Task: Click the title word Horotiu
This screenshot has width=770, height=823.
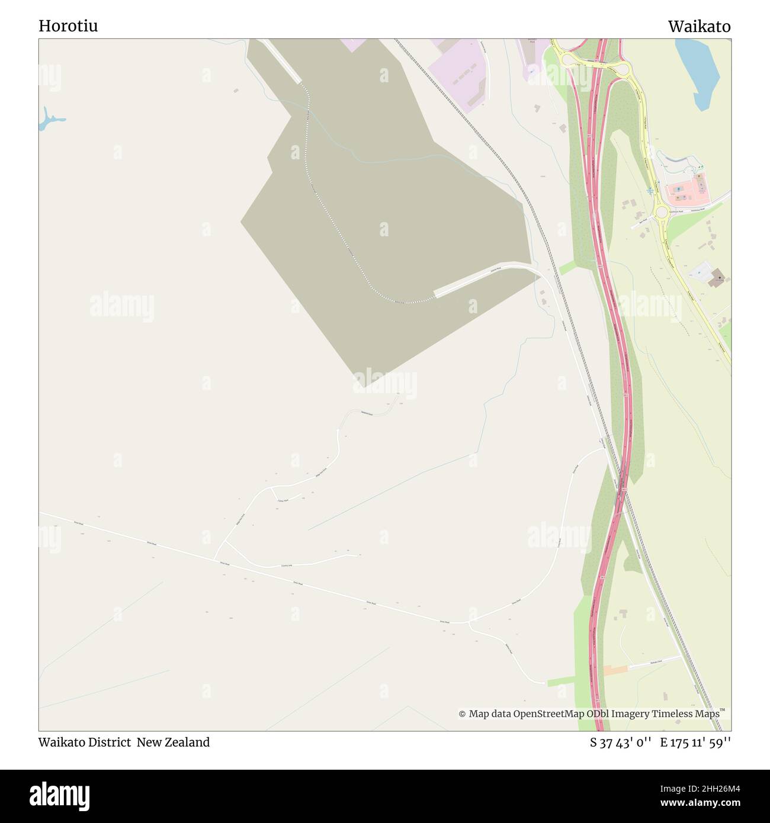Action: [68, 26]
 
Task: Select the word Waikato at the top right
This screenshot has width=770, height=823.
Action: [699, 26]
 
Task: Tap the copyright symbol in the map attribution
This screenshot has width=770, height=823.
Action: [462, 714]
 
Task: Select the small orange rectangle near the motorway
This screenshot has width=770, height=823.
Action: [615, 670]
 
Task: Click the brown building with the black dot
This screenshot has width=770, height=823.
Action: [717, 277]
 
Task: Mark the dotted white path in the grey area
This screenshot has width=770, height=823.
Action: [332, 237]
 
